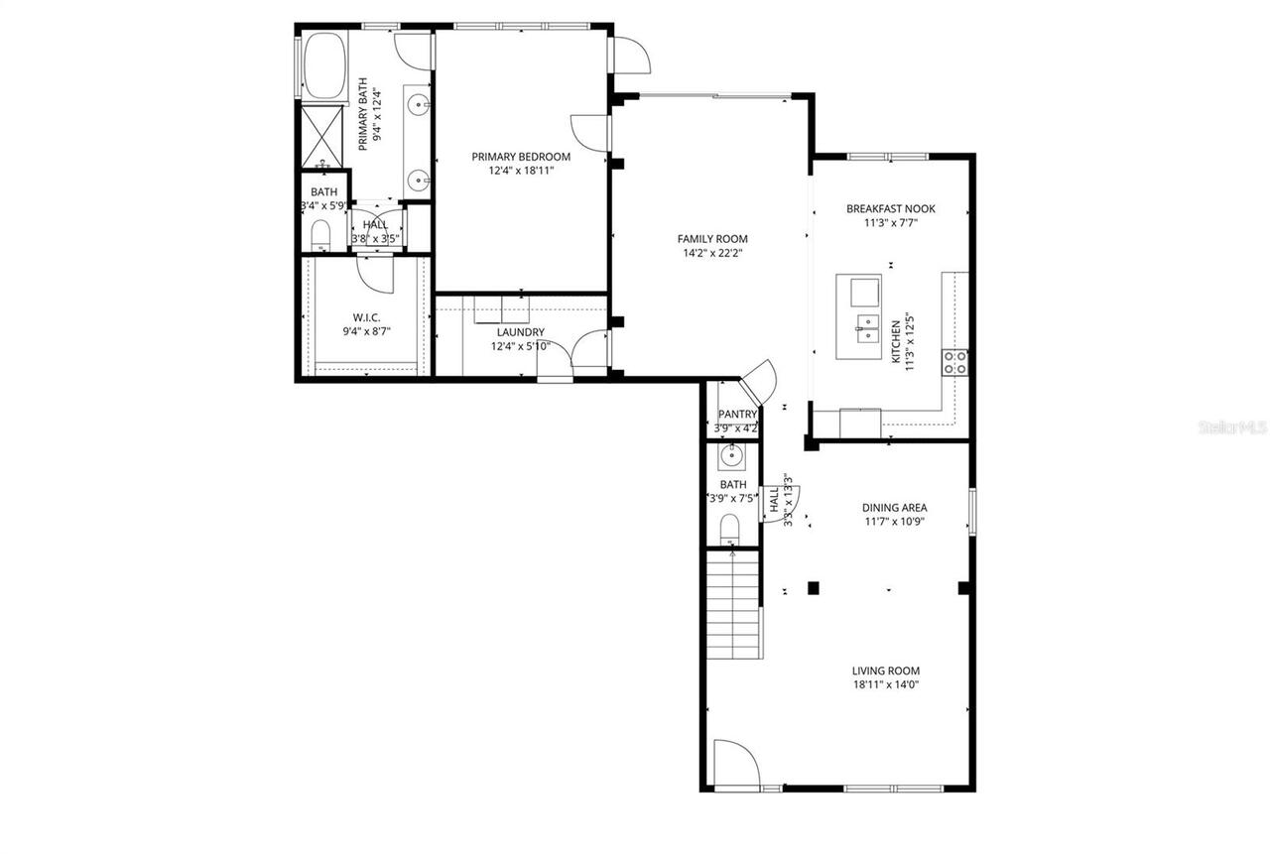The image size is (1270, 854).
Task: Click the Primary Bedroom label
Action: coord(521,157)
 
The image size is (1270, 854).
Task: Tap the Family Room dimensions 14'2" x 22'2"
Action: coord(711,253)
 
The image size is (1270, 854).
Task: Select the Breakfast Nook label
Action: coord(890,208)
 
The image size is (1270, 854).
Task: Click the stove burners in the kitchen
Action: coord(954,362)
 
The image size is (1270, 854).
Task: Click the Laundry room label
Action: coord(520,332)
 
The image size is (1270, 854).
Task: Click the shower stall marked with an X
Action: coord(320,134)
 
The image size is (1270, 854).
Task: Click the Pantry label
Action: coord(737,415)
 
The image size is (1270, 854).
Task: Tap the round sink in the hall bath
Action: coord(731,456)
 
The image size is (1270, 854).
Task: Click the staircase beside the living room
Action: coord(732,607)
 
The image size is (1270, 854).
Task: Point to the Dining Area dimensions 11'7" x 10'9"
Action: coord(893,521)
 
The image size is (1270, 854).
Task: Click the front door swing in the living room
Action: coord(735,764)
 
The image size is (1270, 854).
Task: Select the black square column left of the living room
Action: coord(813,587)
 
